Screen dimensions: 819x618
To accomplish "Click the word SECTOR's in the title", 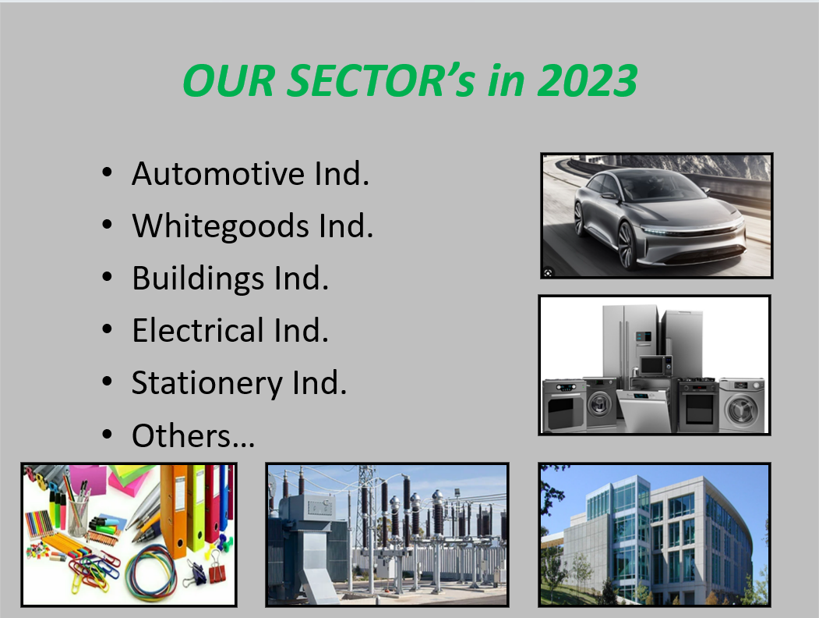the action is pyautogui.click(x=381, y=80).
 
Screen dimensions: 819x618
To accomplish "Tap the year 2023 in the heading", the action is pyautogui.click(x=587, y=80).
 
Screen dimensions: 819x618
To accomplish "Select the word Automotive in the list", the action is pyautogui.click(x=218, y=173).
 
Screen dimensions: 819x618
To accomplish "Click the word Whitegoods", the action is pyautogui.click(x=221, y=227).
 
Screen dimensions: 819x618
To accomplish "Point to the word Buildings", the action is pyautogui.click(x=198, y=279).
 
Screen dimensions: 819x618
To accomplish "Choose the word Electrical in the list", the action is pyautogui.click(x=198, y=330).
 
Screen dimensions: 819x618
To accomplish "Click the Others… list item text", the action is pyautogui.click(x=193, y=436).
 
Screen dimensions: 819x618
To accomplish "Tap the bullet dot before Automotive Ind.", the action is pyautogui.click(x=107, y=172).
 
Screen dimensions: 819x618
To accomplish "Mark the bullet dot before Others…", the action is pyautogui.click(x=107, y=435).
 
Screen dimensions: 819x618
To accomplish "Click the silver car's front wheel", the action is pyautogui.click(x=627, y=245).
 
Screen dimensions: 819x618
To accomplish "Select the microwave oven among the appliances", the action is pyautogui.click(x=656, y=365).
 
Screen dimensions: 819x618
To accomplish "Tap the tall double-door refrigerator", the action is pyautogui.click(x=630, y=341).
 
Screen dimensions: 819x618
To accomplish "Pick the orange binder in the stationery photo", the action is pyautogui.click(x=173, y=510).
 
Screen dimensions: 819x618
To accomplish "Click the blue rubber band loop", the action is pyautogui.click(x=152, y=570).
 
